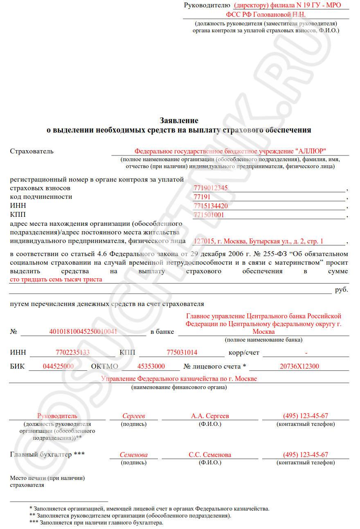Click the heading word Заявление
(179, 121)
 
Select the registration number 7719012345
(210, 188)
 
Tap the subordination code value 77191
(202, 197)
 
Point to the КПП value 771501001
(209, 215)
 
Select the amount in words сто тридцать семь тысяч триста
(56, 279)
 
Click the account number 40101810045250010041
(83, 331)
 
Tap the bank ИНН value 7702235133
(72, 353)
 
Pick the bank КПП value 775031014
(182, 353)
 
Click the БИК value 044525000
(58, 367)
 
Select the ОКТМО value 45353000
(151, 367)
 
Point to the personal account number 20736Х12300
(299, 367)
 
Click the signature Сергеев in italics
(134, 416)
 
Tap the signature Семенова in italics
(134, 455)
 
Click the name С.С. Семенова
(210, 455)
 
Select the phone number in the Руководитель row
(305, 416)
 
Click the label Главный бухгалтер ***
(47, 455)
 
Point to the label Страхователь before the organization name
(32, 151)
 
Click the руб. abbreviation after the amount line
(341, 290)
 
